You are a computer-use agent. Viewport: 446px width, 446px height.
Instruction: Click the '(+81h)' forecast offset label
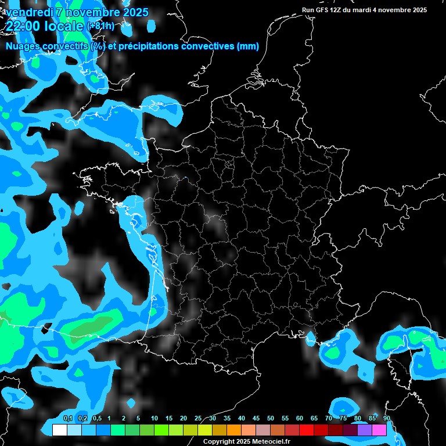(x=100, y=26)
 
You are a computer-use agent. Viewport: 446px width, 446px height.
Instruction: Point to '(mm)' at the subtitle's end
(x=247, y=46)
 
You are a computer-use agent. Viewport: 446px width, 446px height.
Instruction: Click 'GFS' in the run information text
(x=324, y=10)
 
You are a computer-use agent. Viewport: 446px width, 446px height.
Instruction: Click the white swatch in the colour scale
(x=59, y=430)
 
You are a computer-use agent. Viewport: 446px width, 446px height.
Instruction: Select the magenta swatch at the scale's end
(x=379, y=430)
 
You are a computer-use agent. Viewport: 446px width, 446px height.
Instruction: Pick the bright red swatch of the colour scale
(x=307, y=430)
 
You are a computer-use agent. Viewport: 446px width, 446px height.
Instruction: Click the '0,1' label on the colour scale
(x=68, y=419)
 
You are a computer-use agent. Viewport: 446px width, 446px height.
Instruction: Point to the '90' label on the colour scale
(x=387, y=419)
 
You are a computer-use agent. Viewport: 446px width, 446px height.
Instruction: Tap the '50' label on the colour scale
(x=271, y=419)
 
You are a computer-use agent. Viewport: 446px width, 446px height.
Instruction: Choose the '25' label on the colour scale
(x=198, y=419)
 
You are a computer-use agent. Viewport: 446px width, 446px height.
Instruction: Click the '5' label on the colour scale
(x=138, y=419)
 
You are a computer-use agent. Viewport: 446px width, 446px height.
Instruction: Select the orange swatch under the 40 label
(x=234, y=430)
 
